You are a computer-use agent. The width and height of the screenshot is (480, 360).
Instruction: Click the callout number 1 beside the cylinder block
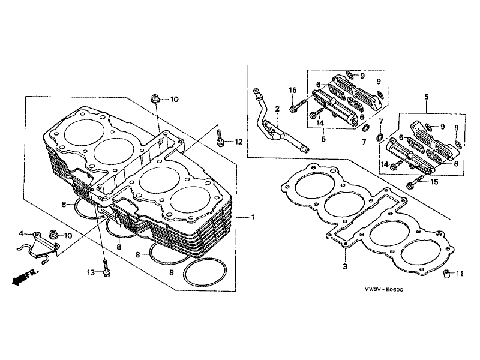pyautogui.click(x=253, y=217)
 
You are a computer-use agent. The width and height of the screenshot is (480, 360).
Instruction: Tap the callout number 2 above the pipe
pyautogui.click(x=277, y=109)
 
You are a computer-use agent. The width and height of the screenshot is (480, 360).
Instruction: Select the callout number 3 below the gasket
pyautogui.click(x=345, y=266)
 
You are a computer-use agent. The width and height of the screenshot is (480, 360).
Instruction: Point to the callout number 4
pyautogui.click(x=21, y=234)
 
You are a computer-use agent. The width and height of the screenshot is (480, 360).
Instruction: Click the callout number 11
pyautogui.click(x=460, y=274)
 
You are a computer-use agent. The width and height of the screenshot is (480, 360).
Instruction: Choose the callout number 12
pyautogui.click(x=238, y=142)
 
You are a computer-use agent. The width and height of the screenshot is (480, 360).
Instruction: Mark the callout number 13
pyautogui.click(x=91, y=272)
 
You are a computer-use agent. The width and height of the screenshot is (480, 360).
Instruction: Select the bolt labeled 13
pyautogui.click(x=106, y=269)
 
